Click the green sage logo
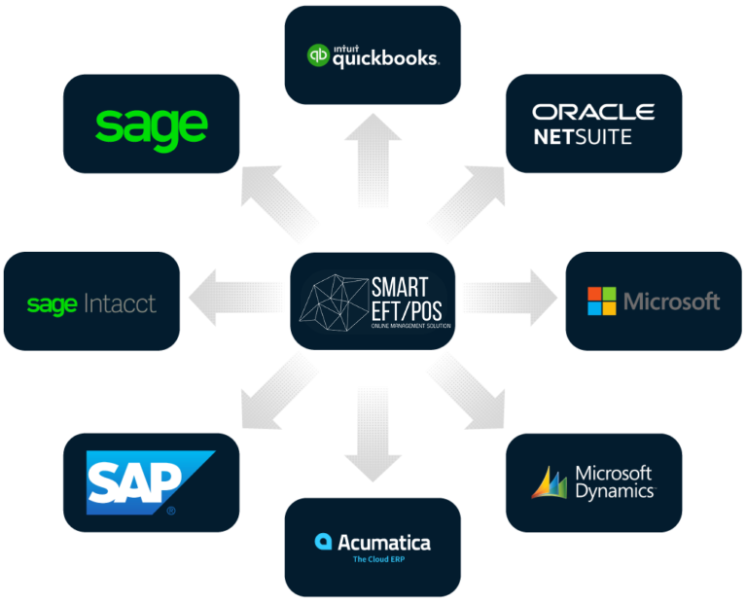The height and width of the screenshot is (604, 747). tap(152, 125)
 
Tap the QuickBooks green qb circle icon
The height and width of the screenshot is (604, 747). tap(318, 55)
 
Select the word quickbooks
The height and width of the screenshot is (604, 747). tap(385, 58)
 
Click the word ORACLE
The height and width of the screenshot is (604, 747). tap(593, 112)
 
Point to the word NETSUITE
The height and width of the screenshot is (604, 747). tap(583, 137)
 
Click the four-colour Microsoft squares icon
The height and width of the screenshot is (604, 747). tap(601, 302)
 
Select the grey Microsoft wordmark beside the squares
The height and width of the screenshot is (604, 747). tap(671, 302)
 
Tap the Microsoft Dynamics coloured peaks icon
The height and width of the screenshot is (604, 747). tap(549, 483)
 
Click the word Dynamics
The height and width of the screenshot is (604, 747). tap(614, 491)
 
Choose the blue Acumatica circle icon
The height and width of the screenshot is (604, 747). tap(323, 542)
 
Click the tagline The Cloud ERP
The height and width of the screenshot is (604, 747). tap(373, 560)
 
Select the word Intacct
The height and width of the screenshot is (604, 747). tap(120, 304)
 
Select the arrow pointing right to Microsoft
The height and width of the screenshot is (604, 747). tap(506, 301)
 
